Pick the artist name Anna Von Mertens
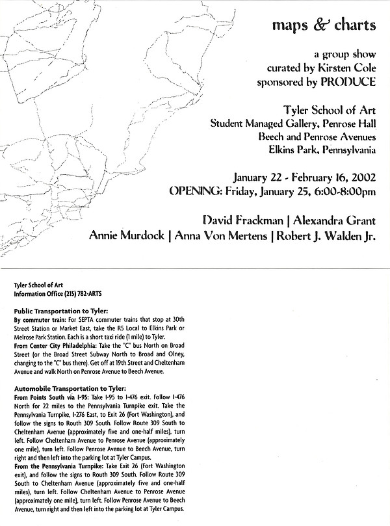point(222,235)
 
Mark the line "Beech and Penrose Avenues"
point(317,137)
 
